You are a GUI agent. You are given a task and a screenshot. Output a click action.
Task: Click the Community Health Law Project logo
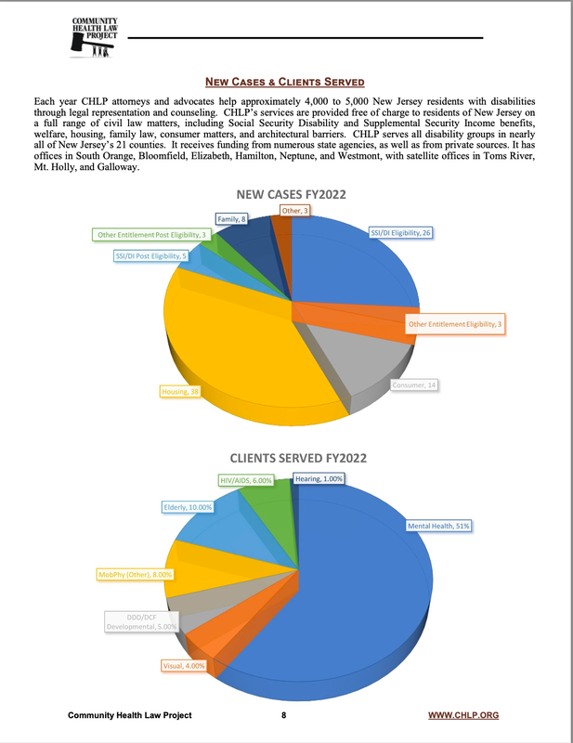click(x=95, y=37)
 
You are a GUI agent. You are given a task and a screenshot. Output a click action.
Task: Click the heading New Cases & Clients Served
click(x=286, y=82)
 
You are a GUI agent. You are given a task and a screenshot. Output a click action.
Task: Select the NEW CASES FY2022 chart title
click(x=286, y=194)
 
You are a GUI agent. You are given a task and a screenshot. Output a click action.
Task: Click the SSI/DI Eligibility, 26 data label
click(x=400, y=231)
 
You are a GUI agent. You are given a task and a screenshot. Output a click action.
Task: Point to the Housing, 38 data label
click(x=181, y=392)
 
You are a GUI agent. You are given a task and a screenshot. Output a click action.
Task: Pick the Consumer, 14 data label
click(x=413, y=384)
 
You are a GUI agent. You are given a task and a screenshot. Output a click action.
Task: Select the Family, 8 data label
click(x=231, y=219)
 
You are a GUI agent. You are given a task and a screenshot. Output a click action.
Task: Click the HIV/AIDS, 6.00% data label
click(x=246, y=479)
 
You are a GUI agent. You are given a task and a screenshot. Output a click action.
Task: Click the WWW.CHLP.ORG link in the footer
click(x=462, y=715)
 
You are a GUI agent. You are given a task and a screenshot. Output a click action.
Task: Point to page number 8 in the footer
click(x=284, y=715)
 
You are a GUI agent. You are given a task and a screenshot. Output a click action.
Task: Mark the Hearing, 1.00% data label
click(x=319, y=479)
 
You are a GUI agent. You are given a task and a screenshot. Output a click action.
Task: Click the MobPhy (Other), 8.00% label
click(x=136, y=575)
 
